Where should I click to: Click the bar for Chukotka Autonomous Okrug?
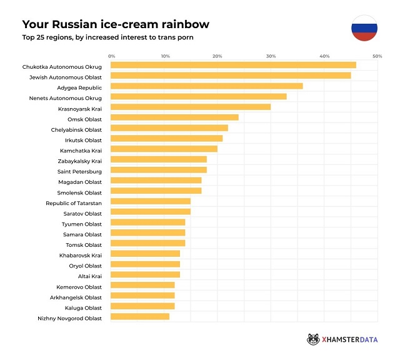[x=233, y=65]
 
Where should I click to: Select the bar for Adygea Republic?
[x=207, y=86]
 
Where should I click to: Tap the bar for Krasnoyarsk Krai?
[x=191, y=107]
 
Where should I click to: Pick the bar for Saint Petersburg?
[x=159, y=170]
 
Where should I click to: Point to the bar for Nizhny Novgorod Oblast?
[x=140, y=317]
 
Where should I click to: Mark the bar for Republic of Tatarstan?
[x=151, y=201]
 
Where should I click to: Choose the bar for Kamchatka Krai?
[x=164, y=149]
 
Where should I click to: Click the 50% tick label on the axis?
[x=377, y=56]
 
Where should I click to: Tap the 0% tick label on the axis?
[x=112, y=56]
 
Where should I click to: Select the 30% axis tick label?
[x=271, y=56]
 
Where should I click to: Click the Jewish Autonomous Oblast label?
[x=66, y=76]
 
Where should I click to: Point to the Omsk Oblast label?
[x=84, y=119]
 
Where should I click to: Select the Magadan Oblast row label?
[x=81, y=181]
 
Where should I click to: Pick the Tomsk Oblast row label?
[x=84, y=244]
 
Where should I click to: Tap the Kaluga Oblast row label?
[x=82, y=307]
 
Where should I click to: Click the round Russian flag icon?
[x=364, y=28]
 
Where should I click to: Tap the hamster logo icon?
[x=314, y=339]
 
